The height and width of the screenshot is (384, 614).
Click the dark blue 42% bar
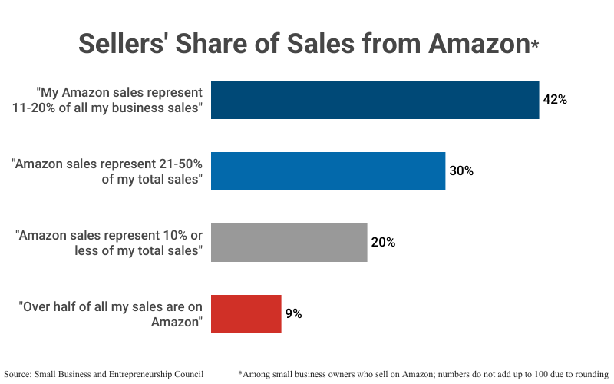coord(375,100)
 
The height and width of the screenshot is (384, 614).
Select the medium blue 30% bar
coord(328,171)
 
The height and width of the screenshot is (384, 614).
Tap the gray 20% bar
coord(289,243)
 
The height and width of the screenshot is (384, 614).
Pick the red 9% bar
coord(246,313)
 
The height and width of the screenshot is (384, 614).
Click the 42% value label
coord(555,100)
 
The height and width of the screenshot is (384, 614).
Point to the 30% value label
coord(461,171)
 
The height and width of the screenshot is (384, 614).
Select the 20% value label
coord(383,243)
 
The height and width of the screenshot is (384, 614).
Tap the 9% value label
coord(294,313)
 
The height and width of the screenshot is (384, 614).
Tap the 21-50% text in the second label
coord(176,164)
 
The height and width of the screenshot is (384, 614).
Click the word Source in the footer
coord(19,374)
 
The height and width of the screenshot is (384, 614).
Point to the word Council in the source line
coord(187,374)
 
